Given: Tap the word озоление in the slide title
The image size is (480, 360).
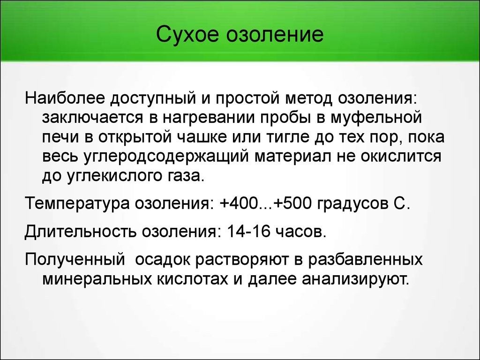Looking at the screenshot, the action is pos(274,34).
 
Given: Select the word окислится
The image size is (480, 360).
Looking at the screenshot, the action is pos(401,157).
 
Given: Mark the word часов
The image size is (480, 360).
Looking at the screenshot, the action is pos(301,232).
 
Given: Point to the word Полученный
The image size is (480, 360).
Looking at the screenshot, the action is pos(75,259).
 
